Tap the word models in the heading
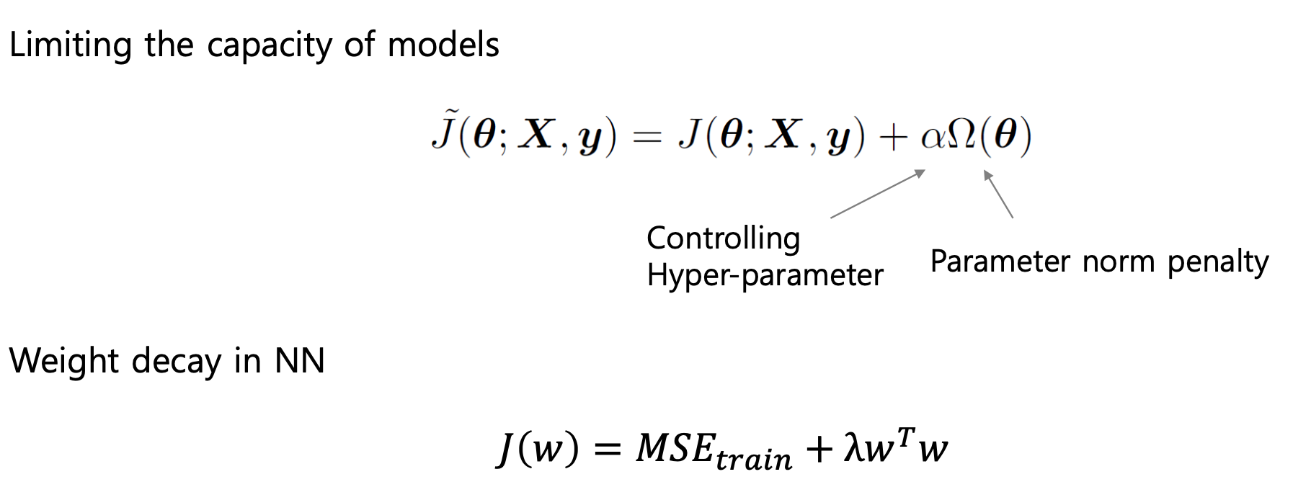443,45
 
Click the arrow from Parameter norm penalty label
998,193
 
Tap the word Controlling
723,238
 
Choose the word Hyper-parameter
765,275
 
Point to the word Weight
63,361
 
